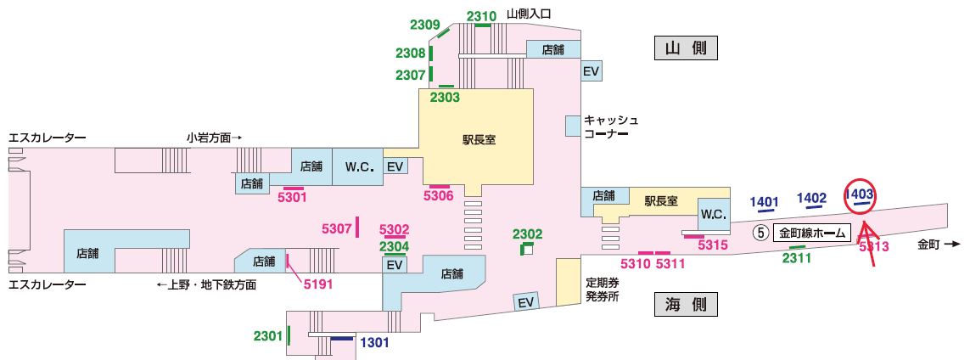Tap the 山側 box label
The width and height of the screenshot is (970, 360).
click(x=686, y=48)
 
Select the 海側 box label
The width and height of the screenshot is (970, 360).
click(x=686, y=304)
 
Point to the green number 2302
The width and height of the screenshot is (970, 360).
click(x=527, y=233)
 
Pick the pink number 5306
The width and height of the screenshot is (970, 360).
click(x=439, y=196)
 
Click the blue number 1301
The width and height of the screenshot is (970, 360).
click(x=375, y=343)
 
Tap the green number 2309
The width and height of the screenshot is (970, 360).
click(x=424, y=25)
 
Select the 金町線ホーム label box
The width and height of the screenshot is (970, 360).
click(x=811, y=232)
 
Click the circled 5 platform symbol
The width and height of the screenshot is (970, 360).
click(x=761, y=232)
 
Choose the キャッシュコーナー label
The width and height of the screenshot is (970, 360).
click(x=609, y=127)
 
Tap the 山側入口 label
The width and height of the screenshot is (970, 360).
click(x=529, y=14)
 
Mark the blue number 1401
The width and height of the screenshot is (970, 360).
click(x=765, y=201)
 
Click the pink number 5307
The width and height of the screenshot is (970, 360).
click(x=337, y=228)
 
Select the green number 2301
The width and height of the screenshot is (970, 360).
click(x=267, y=336)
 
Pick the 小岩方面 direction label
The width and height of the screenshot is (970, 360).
click(x=215, y=137)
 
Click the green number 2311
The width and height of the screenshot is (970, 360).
click(x=797, y=257)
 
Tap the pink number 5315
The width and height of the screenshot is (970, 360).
click(x=714, y=245)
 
